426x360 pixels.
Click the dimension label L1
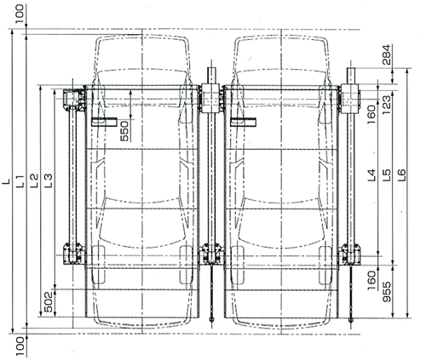click(x=20, y=181)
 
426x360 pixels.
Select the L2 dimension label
click(x=33, y=180)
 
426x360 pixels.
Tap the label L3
click(x=49, y=180)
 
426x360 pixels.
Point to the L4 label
click(x=371, y=175)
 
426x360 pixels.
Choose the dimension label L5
click(x=387, y=175)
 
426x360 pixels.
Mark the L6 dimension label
click(x=402, y=175)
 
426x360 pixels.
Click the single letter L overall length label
click(x=6, y=181)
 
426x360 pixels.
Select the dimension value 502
click(x=49, y=302)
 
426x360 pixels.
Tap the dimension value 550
click(x=124, y=131)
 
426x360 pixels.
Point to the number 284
click(x=387, y=54)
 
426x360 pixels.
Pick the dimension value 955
click(x=387, y=292)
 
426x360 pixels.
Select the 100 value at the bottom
click(x=20, y=346)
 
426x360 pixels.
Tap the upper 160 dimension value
click(x=371, y=115)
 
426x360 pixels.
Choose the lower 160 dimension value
click(x=371, y=280)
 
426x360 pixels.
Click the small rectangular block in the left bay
click(x=104, y=122)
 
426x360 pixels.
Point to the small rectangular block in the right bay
click(x=244, y=122)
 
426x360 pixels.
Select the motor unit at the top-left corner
click(x=73, y=100)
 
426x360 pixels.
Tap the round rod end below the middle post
click(x=211, y=319)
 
